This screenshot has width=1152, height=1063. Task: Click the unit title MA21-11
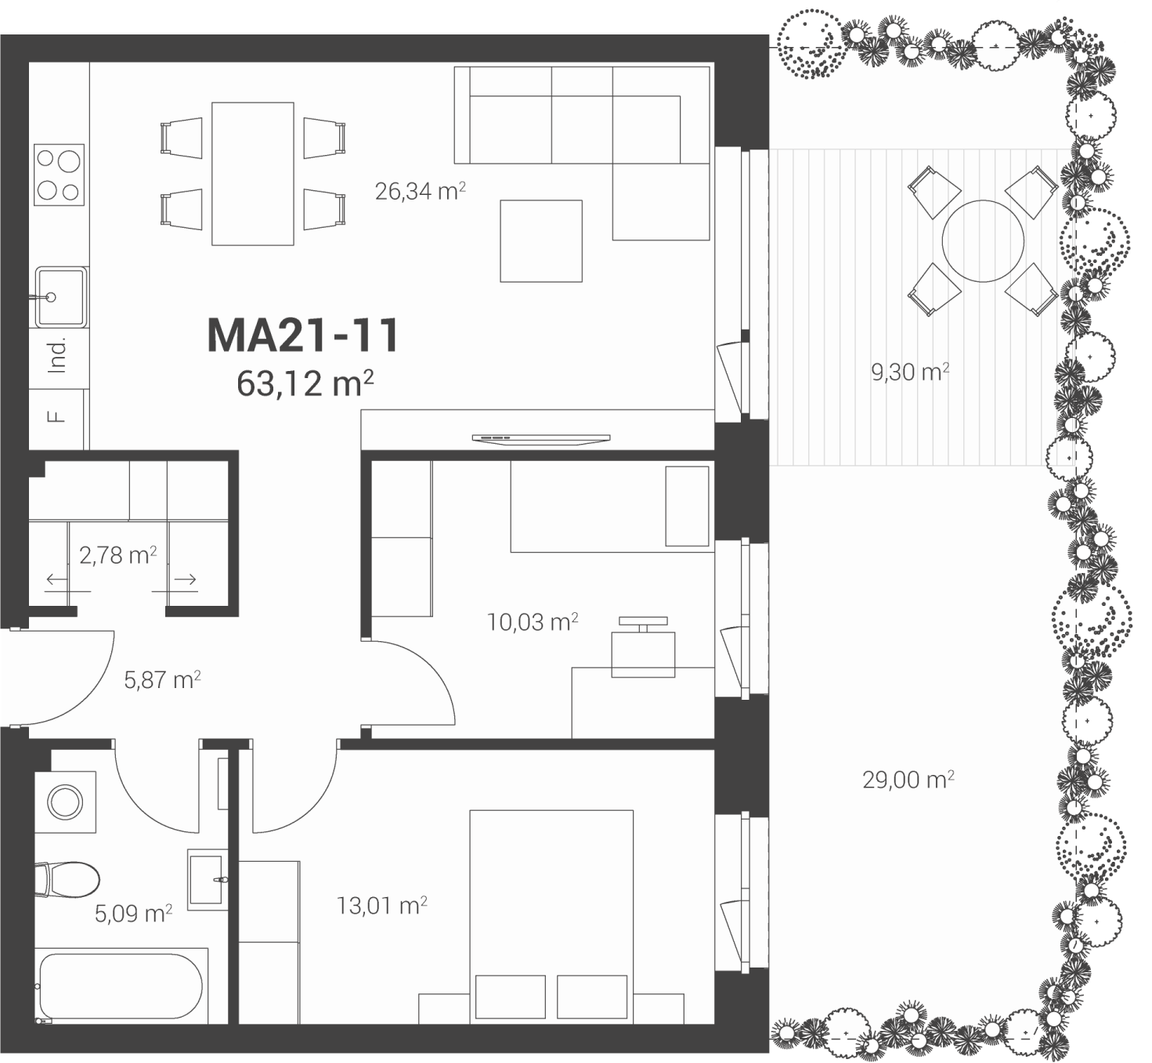click(x=303, y=335)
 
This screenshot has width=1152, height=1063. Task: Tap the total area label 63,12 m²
click(x=305, y=383)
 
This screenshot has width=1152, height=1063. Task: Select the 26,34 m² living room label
click(x=420, y=191)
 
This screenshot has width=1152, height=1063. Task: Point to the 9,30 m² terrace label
click(x=910, y=372)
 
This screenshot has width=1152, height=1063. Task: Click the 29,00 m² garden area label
click(x=908, y=780)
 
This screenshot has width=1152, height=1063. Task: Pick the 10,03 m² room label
click(x=533, y=622)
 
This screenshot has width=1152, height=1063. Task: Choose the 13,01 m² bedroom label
click(x=382, y=905)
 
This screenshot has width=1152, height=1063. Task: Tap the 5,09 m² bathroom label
click(x=133, y=913)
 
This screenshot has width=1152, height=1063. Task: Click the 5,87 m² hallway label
click(x=162, y=679)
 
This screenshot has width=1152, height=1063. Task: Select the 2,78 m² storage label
click(x=117, y=555)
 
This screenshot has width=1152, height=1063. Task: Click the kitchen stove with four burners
click(x=60, y=175)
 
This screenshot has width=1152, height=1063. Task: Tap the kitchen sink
click(x=61, y=297)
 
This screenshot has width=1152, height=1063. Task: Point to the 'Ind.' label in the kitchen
click(x=57, y=355)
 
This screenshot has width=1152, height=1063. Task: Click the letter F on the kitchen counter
click(x=56, y=416)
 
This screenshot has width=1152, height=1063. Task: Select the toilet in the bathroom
click(x=67, y=880)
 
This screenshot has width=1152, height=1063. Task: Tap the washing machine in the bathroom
click(x=65, y=802)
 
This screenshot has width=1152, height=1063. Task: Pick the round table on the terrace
click(x=983, y=241)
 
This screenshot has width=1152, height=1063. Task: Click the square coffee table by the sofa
click(x=541, y=241)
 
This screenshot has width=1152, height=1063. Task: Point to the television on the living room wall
click(x=541, y=439)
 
